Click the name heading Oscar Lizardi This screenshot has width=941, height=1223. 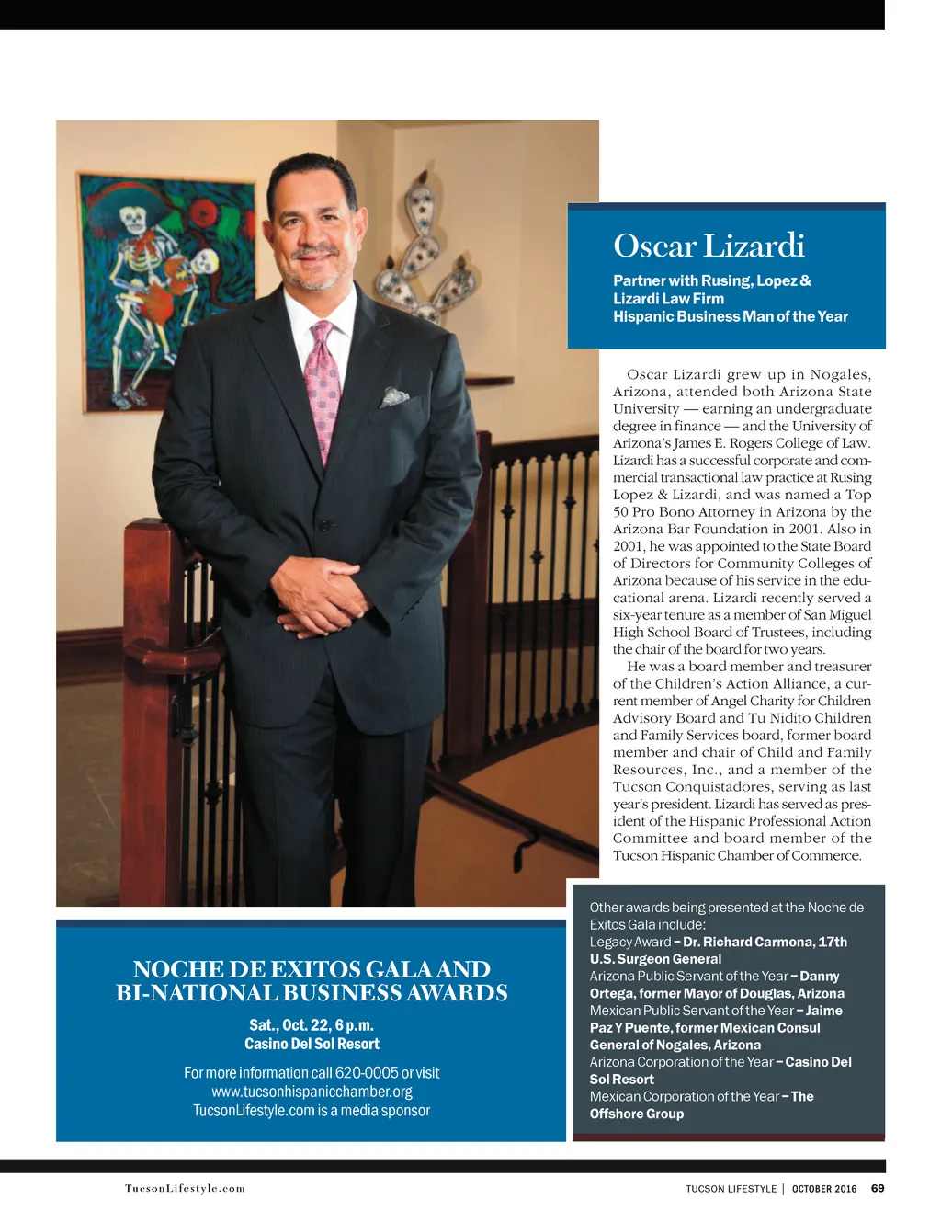tap(709, 246)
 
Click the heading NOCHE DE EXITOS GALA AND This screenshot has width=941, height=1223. tap(312, 969)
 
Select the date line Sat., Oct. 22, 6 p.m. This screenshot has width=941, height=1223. tap(312, 1024)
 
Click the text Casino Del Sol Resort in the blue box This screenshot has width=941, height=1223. tap(312, 1044)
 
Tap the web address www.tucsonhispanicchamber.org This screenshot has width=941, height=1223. tap(312, 1092)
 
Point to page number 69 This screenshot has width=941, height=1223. tap(878, 1188)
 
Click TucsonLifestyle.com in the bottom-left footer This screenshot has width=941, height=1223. tap(186, 1188)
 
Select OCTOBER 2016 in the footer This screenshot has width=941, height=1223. tap(824, 1189)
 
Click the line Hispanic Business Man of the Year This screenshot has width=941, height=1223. tap(731, 316)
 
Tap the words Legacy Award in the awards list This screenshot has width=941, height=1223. tap(629, 942)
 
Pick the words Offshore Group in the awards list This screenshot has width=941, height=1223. tap(637, 1114)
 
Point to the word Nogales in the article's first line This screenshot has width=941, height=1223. tap(838, 374)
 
